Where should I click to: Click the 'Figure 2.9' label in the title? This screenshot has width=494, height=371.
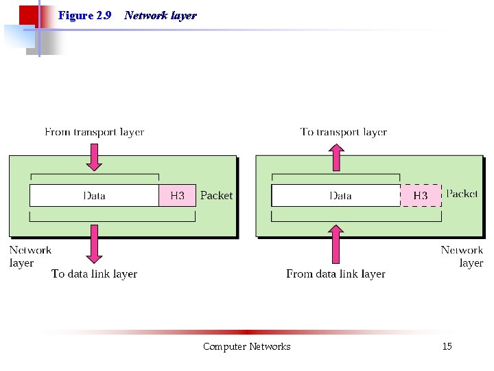click(x=85, y=15)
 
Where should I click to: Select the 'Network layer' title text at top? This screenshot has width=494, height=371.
click(x=160, y=15)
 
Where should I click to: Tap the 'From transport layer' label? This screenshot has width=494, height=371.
click(x=94, y=132)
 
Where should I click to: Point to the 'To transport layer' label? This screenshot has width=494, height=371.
click(x=343, y=132)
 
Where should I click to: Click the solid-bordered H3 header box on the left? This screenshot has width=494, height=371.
click(x=177, y=196)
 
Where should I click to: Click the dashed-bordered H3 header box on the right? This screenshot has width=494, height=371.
click(x=420, y=196)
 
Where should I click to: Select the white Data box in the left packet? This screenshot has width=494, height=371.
click(x=94, y=196)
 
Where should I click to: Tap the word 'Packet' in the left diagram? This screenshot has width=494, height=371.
click(x=216, y=196)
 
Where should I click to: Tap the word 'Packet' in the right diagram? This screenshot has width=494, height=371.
click(x=462, y=194)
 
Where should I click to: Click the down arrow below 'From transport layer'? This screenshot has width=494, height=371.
click(x=95, y=156)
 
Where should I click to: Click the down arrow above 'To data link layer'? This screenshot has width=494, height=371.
click(x=95, y=243)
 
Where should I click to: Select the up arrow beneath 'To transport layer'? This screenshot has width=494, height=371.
click(x=336, y=157)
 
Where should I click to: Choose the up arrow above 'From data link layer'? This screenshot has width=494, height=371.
click(x=336, y=245)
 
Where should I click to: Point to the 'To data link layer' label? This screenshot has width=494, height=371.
click(x=94, y=273)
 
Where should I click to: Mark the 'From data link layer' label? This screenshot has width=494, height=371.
click(x=336, y=273)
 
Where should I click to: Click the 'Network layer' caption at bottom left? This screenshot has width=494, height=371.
click(x=30, y=256)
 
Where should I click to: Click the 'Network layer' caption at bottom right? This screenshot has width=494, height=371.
click(x=462, y=256)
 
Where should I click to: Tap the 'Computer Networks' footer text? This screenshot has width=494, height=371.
click(x=246, y=346)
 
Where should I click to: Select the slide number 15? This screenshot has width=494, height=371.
click(x=447, y=346)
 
